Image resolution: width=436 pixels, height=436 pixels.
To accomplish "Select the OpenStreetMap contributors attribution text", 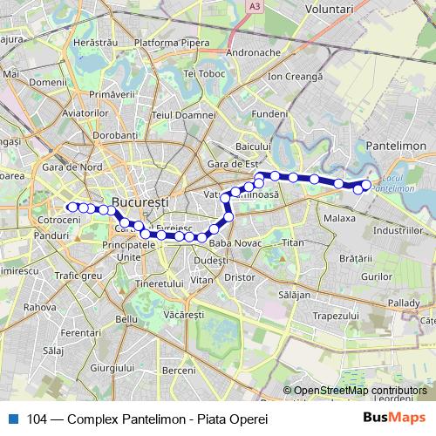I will tap(360, 391).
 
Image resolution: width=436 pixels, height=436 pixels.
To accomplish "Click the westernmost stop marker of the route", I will tap(71, 207).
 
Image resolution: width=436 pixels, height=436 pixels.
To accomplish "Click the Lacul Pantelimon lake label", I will tap(397, 182).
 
